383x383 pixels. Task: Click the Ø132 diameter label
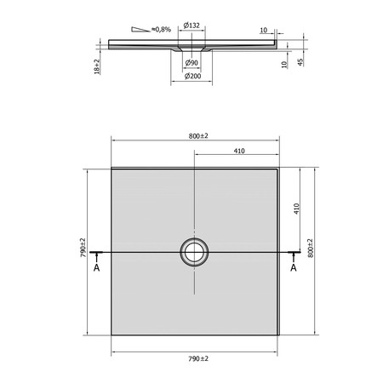(191, 26)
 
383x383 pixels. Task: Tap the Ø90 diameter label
(191, 63)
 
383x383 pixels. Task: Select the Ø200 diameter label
(192, 76)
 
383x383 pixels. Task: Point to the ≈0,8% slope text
(161, 29)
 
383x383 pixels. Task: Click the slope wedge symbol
(140, 29)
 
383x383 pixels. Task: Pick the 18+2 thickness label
(97, 67)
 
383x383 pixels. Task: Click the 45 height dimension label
(300, 62)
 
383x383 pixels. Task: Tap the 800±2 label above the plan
(198, 136)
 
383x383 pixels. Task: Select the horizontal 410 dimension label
(239, 151)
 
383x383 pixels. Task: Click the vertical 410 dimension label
(296, 209)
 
